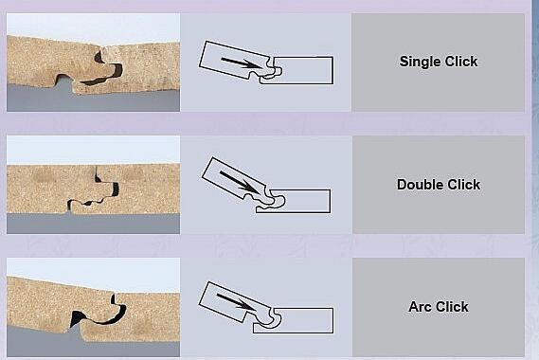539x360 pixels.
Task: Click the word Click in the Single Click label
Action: [x=461, y=62]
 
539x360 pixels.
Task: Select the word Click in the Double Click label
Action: [x=464, y=185]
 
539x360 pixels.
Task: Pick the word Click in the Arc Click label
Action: [x=452, y=307]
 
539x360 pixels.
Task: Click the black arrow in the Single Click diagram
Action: [x=242, y=63]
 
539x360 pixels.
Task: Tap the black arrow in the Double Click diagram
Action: [x=240, y=182]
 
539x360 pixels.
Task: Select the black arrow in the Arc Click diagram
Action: [x=237, y=301]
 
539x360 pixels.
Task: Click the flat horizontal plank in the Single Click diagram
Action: [x=302, y=70]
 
